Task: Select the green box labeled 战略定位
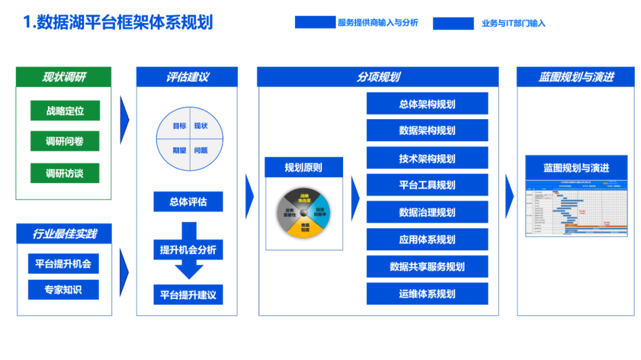[x=65, y=111]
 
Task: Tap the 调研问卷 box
[x=65, y=142]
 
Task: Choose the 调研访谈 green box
[x=65, y=173]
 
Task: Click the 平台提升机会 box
[x=64, y=264]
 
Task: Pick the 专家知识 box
[x=64, y=290]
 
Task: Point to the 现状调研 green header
[x=64, y=77]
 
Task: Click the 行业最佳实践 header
[x=64, y=234]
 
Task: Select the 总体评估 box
[x=188, y=202]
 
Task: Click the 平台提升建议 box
[x=188, y=295]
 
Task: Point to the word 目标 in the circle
[x=179, y=126]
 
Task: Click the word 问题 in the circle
[x=201, y=151]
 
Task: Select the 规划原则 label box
[x=303, y=168]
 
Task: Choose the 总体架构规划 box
[x=427, y=104]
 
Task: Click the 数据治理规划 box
[x=427, y=212]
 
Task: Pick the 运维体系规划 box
[x=427, y=294]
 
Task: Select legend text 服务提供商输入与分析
[x=378, y=23]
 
